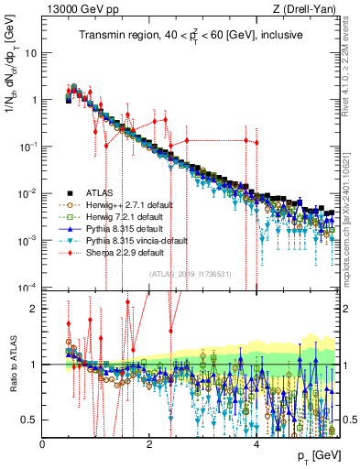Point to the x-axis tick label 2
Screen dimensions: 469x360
[x=150, y=442]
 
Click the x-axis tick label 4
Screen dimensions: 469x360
[x=257, y=442]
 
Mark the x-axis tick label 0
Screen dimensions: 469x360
[x=43, y=442]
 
